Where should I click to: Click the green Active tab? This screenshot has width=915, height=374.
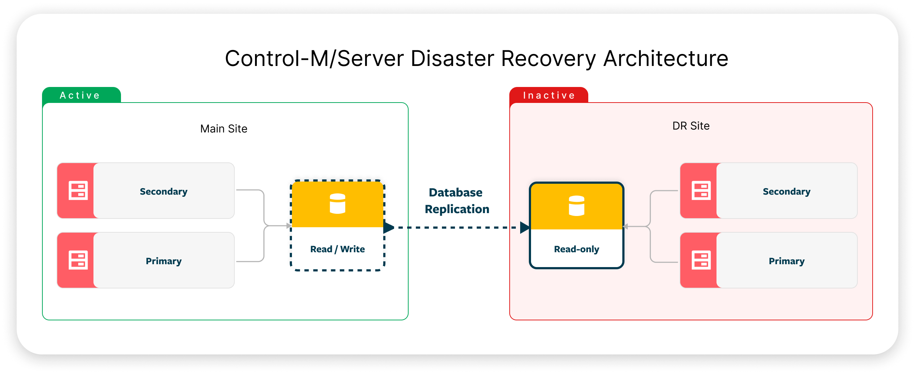pos(80,95)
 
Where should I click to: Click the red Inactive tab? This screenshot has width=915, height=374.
pos(548,95)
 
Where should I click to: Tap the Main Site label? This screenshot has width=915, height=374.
pos(223,129)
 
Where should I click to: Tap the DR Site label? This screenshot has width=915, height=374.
pos(691,126)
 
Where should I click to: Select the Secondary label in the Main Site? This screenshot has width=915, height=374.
pos(163,191)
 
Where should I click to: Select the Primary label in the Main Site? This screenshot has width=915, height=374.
pos(163,261)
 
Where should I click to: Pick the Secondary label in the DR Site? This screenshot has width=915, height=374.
pos(786,191)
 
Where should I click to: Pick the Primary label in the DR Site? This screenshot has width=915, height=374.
pos(786,261)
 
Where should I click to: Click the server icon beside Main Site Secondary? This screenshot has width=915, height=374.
pos(78,191)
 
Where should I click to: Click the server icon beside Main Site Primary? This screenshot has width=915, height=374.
pos(78,260)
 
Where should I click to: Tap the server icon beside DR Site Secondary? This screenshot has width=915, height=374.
pos(701,191)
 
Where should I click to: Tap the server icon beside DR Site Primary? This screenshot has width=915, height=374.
pos(701,260)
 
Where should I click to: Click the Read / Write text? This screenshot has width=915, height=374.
pos(337,249)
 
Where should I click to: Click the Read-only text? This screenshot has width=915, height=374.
pos(576,249)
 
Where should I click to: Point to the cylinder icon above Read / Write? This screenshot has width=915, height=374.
pos(337,203)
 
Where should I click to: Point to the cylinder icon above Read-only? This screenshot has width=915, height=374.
pos(576,205)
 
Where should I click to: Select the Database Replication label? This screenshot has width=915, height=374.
pos(456,201)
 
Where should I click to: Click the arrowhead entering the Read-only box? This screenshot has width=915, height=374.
pos(525,228)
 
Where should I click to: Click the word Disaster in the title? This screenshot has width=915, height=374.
pos(452,58)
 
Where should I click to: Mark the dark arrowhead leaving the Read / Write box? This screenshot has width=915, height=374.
pos(388,228)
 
